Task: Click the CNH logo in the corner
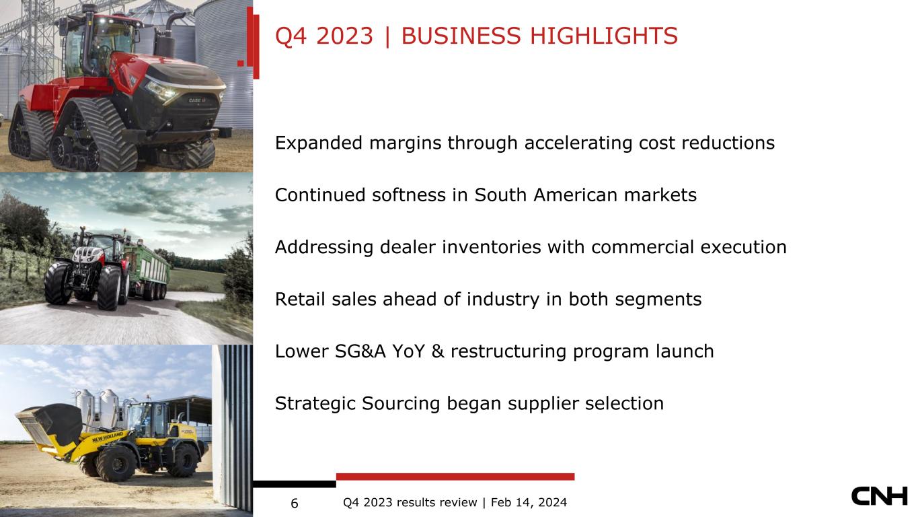[x=879, y=496]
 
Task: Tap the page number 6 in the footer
[x=295, y=504]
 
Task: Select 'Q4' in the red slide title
[x=291, y=36]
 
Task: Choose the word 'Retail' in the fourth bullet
[x=300, y=299]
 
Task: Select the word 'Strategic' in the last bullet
[x=315, y=404]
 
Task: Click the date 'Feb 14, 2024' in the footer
[x=529, y=503]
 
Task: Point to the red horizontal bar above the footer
[x=455, y=477]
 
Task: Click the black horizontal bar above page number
[x=295, y=484]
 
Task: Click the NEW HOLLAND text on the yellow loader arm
[x=108, y=437]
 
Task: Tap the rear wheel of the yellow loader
[x=183, y=460]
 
